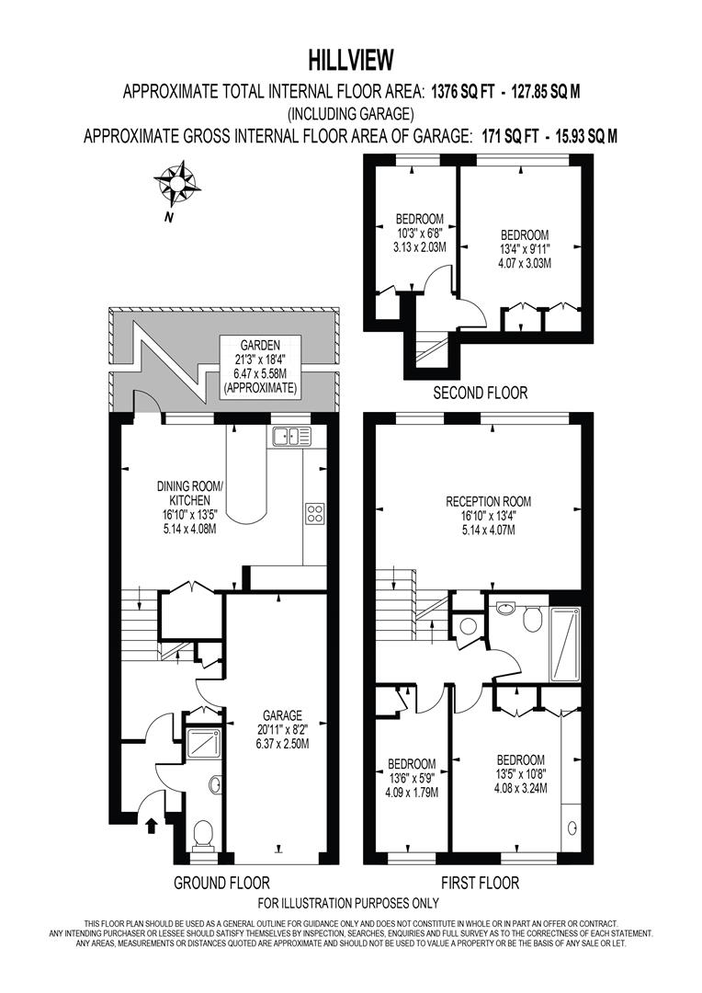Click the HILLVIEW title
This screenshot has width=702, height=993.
click(350, 61)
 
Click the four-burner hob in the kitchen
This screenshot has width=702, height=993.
click(314, 513)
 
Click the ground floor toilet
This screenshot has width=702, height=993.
click(203, 836)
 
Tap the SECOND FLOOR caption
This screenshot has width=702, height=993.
click(481, 393)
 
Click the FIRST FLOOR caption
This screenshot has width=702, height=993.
click(480, 884)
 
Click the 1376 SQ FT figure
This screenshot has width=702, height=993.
click(464, 91)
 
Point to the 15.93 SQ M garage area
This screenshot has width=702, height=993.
click(580, 136)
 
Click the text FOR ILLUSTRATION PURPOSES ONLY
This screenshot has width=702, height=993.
click(348, 904)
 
